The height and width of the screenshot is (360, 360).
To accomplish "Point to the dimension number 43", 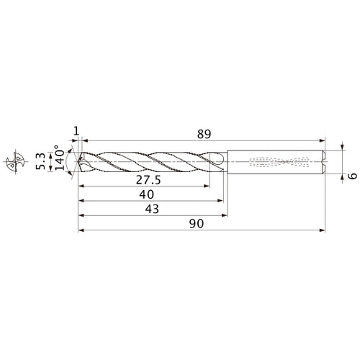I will tap(153, 209).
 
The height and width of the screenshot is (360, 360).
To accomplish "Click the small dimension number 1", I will tap(76, 130).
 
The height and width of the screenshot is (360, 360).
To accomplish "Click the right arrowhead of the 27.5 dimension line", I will tap(211, 185).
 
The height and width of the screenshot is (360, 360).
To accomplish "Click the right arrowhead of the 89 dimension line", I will tap(323, 139).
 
